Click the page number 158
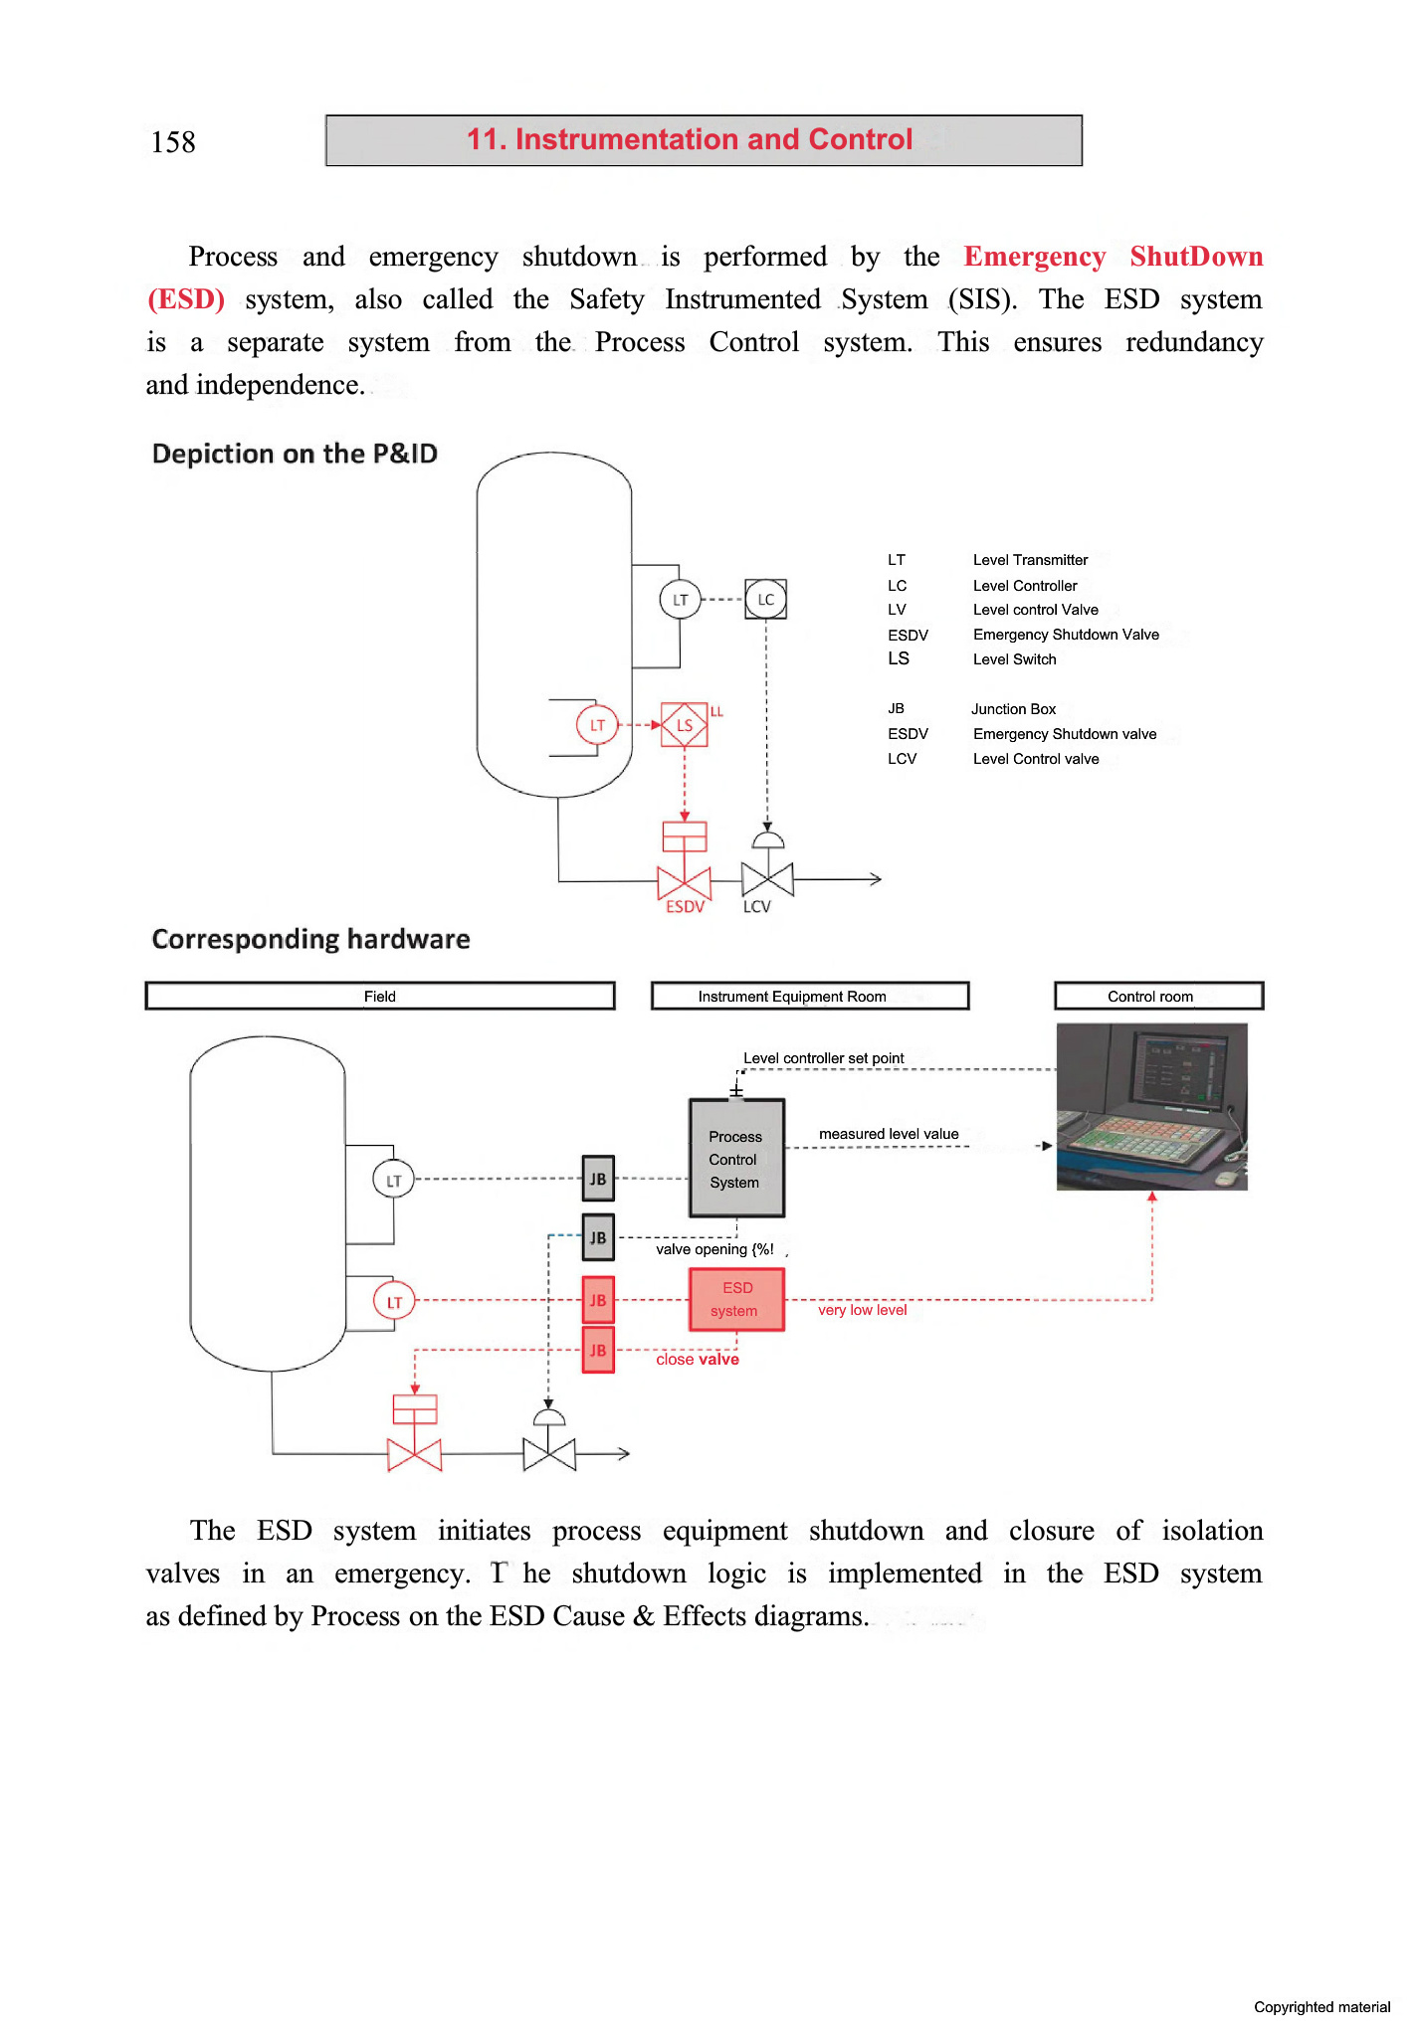173,142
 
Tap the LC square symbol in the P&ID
766,600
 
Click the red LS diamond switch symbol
685,725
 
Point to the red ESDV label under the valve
685,907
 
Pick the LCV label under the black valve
757,907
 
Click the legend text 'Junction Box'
1013,709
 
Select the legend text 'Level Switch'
1014,659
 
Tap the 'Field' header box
380,997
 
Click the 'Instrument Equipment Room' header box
810,997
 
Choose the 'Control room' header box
1158,997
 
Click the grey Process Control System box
736,1159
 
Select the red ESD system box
736,1300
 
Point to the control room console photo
1151,1107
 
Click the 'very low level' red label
862,1311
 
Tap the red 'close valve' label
697,1360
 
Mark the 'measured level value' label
889,1134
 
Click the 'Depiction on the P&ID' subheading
295,455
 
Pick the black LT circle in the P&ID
681,600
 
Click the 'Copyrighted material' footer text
1321,2007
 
